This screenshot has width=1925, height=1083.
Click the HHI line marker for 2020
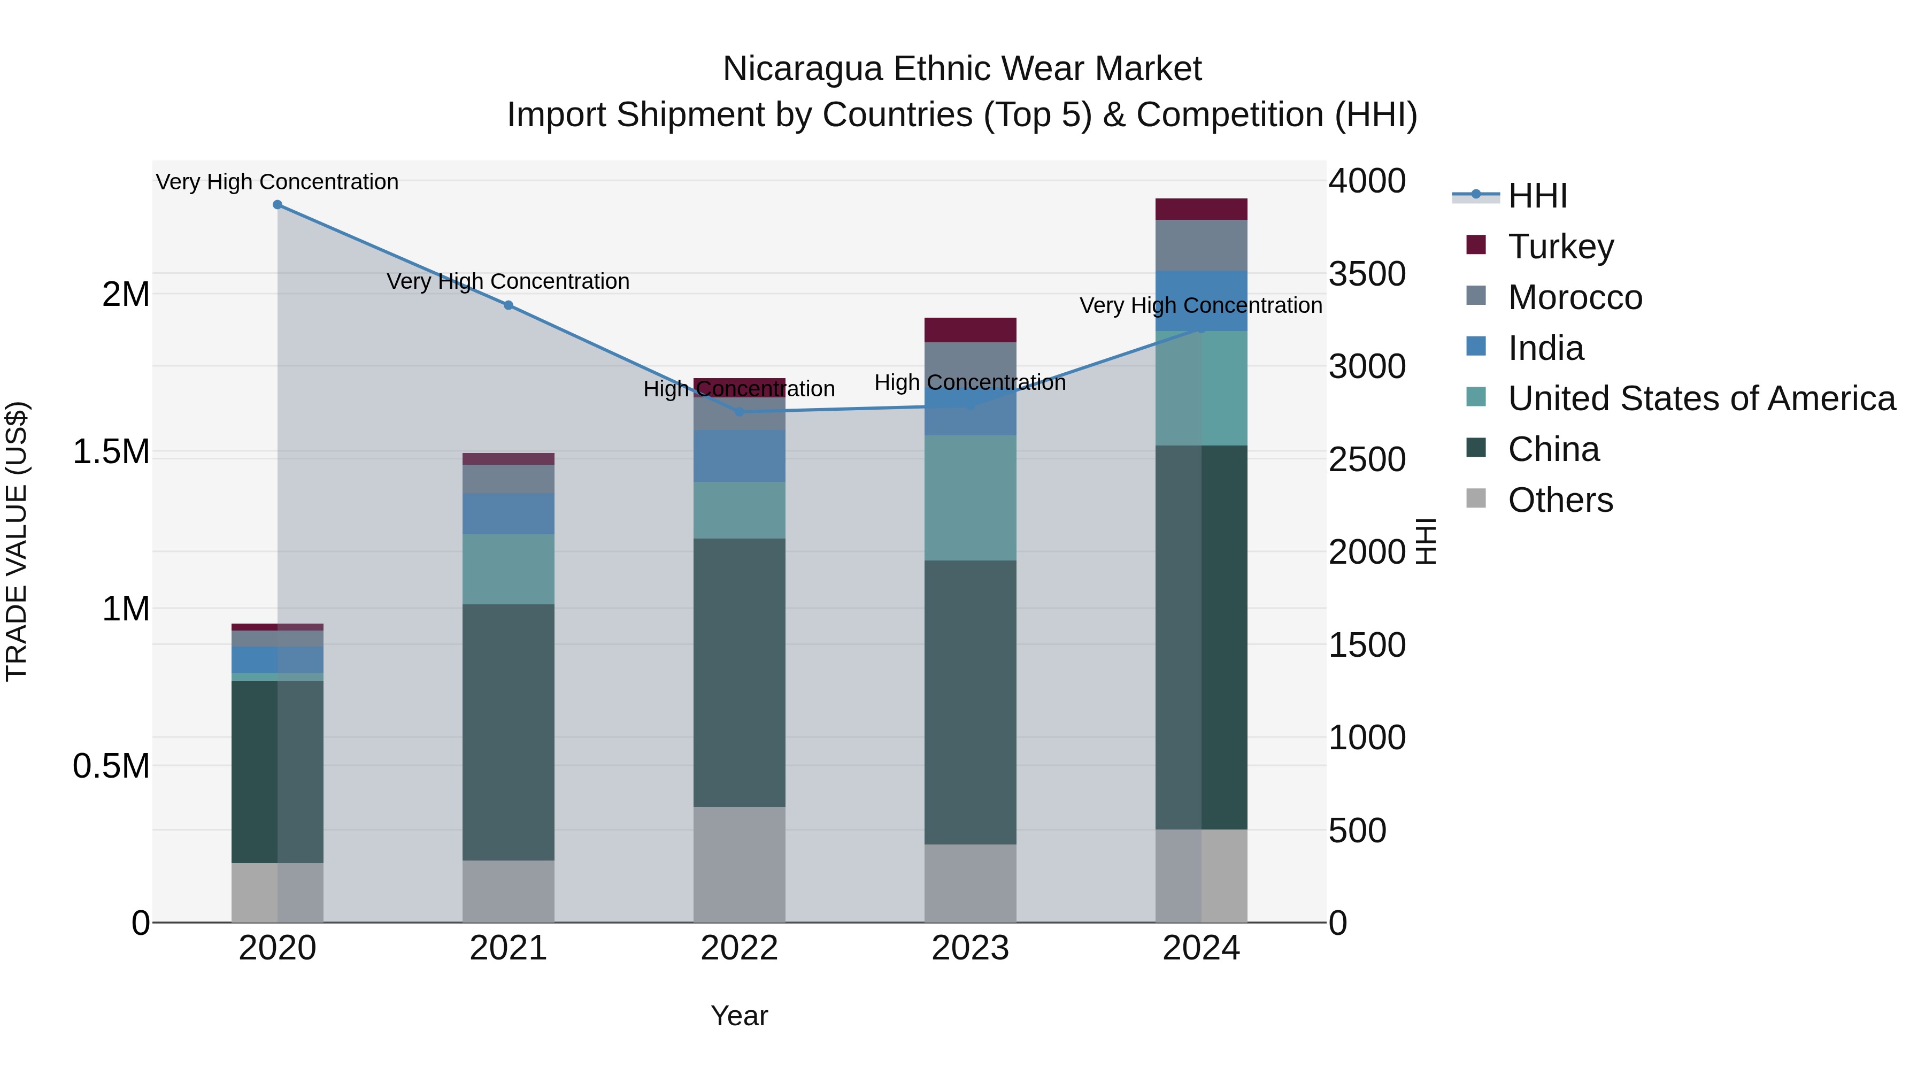tap(277, 205)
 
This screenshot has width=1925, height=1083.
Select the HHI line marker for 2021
tap(508, 305)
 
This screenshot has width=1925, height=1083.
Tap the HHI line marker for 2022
tap(739, 412)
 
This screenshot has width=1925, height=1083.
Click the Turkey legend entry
tap(1560, 247)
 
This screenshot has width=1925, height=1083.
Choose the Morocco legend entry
tap(1575, 297)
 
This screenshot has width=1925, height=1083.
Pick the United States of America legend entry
tap(1701, 398)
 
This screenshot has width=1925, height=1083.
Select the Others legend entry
tap(1560, 500)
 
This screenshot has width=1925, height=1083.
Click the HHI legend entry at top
tap(1537, 196)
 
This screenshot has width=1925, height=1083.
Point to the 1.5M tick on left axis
tap(111, 452)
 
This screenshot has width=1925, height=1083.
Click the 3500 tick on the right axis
tap(1367, 273)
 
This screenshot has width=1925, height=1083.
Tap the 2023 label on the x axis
tap(970, 948)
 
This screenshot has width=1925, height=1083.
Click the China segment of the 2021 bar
tap(508, 733)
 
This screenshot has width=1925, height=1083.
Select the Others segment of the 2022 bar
tap(739, 864)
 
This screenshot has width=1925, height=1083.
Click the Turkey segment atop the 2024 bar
tap(1201, 209)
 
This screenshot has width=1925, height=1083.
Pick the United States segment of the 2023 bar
tap(970, 498)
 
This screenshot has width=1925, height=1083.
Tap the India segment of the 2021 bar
tap(508, 513)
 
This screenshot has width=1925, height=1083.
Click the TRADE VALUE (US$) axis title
tap(17, 541)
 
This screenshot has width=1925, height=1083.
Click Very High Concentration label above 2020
tap(277, 182)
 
